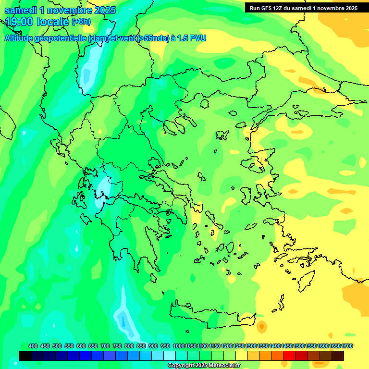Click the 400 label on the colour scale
tap(33, 346)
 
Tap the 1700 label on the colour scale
tap(347, 346)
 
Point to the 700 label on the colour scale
tap(105, 346)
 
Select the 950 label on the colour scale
tap(165, 346)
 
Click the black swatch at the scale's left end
tap(25, 356)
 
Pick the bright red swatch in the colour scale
tap(289, 356)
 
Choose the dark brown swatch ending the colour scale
tap(338, 356)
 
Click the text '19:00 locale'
tap(37, 22)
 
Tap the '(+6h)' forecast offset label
tap(81, 22)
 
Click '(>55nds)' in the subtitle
tap(151, 38)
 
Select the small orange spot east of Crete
tap(261, 327)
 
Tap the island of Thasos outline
tap(205, 104)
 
